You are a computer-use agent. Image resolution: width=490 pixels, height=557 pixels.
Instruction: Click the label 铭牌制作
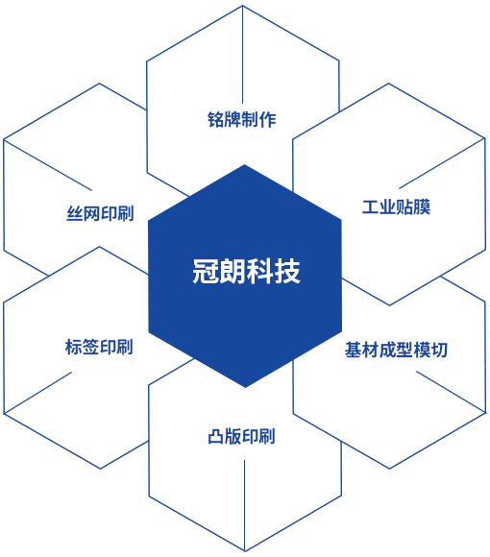[x=241, y=119]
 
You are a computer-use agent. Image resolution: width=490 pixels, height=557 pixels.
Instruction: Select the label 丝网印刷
[x=100, y=213]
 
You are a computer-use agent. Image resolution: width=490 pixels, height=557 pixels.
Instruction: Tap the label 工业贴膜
[x=396, y=206]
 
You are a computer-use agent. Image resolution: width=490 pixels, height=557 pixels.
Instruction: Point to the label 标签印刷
[x=99, y=347]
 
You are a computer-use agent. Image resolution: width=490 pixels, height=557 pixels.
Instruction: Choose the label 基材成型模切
[x=396, y=350]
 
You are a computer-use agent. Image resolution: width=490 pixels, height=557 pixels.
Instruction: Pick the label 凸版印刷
[x=241, y=437]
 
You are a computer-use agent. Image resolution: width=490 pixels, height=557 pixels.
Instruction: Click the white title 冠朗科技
[x=247, y=272]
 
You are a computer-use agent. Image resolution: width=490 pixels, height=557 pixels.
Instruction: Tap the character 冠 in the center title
[x=206, y=272]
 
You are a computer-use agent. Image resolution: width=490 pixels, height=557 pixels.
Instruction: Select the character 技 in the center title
[x=288, y=272]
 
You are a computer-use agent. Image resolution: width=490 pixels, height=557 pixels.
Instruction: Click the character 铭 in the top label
[x=215, y=119]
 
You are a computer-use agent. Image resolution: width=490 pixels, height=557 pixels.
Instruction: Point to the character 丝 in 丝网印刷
[x=75, y=213]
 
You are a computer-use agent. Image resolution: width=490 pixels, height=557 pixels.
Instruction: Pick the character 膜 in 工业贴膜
[x=422, y=206]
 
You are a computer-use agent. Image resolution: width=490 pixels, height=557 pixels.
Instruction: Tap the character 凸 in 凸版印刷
[x=216, y=437]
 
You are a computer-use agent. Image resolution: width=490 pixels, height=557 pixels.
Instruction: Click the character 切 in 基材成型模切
[x=439, y=350]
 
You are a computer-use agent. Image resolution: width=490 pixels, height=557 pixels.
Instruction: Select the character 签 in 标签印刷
[x=90, y=347]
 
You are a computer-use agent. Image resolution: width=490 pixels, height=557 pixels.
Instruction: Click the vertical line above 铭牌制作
[x=243, y=55]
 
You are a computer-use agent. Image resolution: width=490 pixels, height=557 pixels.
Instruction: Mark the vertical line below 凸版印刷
[x=244, y=505]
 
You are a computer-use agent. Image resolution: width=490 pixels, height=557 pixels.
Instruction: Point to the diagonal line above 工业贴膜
[x=442, y=163]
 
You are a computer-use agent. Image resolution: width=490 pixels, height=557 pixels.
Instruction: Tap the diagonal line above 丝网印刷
[x=48, y=165]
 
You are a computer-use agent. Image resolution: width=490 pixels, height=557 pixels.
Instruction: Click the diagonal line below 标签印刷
[x=38, y=393]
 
